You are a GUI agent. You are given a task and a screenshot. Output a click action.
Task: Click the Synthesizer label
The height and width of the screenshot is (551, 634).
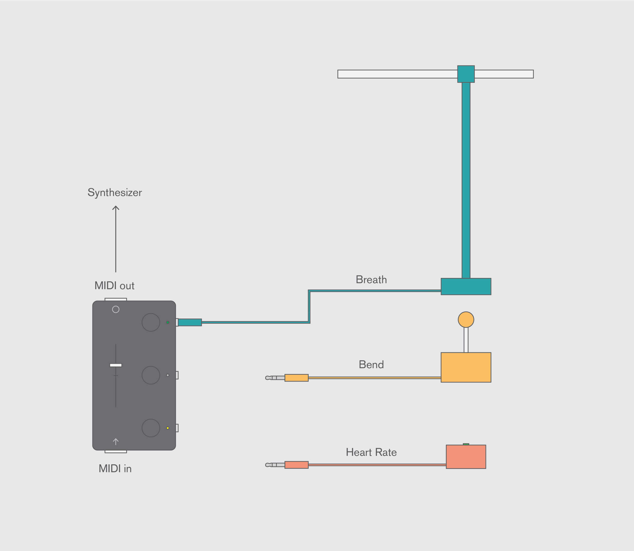click(115, 193)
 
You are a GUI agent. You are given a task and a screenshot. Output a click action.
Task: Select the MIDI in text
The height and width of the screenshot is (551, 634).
click(115, 468)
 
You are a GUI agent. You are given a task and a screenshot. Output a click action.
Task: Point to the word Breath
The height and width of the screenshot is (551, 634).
click(371, 280)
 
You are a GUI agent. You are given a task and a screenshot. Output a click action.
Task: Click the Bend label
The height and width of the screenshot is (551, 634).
click(371, 364)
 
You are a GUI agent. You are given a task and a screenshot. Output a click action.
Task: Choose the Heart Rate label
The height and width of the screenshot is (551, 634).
click(371, 452)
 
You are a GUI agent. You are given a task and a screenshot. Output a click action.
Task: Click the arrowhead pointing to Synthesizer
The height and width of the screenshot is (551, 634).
click(116, 208)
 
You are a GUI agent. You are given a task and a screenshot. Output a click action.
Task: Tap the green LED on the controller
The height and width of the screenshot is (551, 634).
click(168, 322)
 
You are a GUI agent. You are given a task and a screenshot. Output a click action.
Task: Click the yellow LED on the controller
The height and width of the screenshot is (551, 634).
click(168, 428)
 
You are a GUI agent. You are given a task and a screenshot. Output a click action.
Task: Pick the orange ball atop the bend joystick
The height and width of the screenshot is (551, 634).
click(466, 320)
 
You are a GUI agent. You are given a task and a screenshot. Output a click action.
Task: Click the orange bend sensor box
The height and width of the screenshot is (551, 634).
click(466, 367)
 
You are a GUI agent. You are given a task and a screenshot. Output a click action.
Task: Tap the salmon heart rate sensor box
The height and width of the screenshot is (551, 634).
click(466, 457)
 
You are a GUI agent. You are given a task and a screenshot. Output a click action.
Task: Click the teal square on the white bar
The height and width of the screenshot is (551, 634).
click(466, 74)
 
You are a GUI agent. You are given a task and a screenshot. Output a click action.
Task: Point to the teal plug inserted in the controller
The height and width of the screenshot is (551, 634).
click(190, 322)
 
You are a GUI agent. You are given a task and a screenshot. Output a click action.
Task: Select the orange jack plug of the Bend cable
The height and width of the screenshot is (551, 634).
click(296, 378)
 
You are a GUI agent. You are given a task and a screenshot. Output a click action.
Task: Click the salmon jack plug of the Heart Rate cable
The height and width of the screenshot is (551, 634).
click(296, 465)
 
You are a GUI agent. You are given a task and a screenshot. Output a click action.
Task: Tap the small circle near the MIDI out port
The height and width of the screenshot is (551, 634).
click(116, 309)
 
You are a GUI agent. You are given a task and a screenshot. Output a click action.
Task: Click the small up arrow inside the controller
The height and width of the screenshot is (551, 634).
click(116, 442)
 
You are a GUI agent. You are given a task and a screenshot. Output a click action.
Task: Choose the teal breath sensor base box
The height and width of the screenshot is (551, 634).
click(466, 287)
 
